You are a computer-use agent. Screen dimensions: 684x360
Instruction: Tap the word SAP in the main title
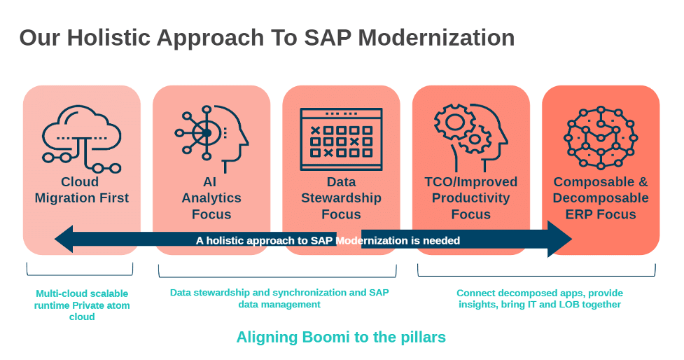pyautogui.click(x=327, y=38)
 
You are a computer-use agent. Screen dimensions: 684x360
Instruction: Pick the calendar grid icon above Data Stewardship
pyautogui.click(x=341, y=139)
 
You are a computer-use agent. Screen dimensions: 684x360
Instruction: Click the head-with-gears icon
pyautogui.click(x=470, y=137)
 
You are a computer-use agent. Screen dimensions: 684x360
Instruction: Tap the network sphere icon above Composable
pyautogui.click(x=600, y=137)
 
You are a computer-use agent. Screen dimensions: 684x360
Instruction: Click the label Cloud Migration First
pyautogui.click(x=82, y=190)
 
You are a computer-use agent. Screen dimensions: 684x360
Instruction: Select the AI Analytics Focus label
pyautogui.click(x=211, y=198)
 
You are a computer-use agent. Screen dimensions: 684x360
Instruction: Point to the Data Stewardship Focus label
pyautogui.click(x=341, y=198)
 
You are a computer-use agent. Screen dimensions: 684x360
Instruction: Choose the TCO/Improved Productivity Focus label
pyautogui.click(x=470, y=198)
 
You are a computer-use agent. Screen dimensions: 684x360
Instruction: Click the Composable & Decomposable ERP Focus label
pyautogui.click(x=601, y=198)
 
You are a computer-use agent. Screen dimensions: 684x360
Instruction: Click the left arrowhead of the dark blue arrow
pyautogui.click(x=64, y=239)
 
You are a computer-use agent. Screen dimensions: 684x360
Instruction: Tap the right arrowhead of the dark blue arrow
pyautogui.click(x=560, y=239)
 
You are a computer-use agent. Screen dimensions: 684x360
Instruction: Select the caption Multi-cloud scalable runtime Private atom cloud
pyautogui.click(x=82, y=305)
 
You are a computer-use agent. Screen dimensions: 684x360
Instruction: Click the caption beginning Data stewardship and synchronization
pyautogui.click(x=279, y=298)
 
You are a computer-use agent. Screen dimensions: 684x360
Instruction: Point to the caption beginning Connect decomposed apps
pyautogui.click(x=540, y=298)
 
